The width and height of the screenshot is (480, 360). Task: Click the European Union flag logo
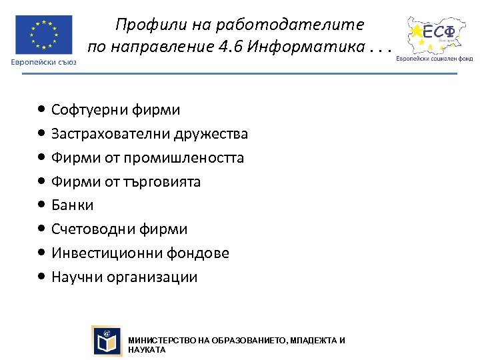44,35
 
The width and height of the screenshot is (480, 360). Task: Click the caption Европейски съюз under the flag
43,62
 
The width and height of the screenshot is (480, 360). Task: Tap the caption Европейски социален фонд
435,58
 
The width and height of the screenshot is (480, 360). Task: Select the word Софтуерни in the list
83,110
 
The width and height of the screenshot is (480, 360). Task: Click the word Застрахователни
111,134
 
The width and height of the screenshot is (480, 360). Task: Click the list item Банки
73,205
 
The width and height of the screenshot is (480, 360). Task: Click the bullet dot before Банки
42,205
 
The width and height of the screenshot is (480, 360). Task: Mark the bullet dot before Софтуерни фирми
42,109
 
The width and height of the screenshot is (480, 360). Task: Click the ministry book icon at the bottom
107,341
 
